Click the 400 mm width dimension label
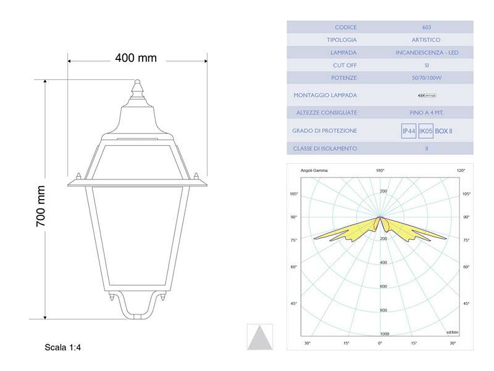pyautogui.click(x=136, y=58)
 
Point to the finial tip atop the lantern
pyautogui.click(x=137, y=82)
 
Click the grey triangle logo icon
pyautogui.click(x=259, y=337)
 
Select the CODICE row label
pyautogui.click(x=346, y=27)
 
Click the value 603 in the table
pyautogui.click(x=427, y=27)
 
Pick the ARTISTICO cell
pyautogui.click(x=427, y=40)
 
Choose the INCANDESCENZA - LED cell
pyautogui.click(x=427, y=53)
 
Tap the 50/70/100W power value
pyautogui.click(x=427, y=78)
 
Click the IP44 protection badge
pyautogui.click(x=408, y=131)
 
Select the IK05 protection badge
pyautogui.click(x=425, y=131)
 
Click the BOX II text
pyautogui.click(x=444, y=131)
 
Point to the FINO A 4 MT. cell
pyautogui.click(x=427, y=113)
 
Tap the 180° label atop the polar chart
pyautogui.click(x=380, y=170)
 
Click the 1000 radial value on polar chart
pyautogui.click(x=385, y=334)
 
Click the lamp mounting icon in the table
pyautogui.click(x=427, y=95)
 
